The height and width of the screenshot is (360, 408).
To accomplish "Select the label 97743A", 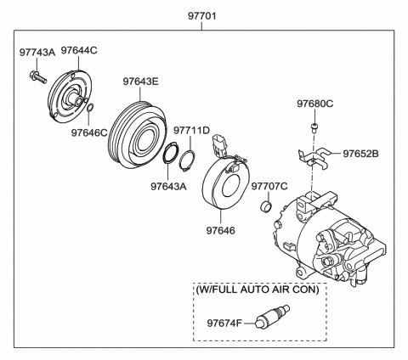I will coord(37,53).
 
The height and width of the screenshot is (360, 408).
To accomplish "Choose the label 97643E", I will coord(141,82).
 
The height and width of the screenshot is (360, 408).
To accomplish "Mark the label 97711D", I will coord(192,132).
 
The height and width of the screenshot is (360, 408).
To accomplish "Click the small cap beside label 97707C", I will coord(264,207).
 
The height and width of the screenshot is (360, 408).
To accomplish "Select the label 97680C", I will coord(314,104).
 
